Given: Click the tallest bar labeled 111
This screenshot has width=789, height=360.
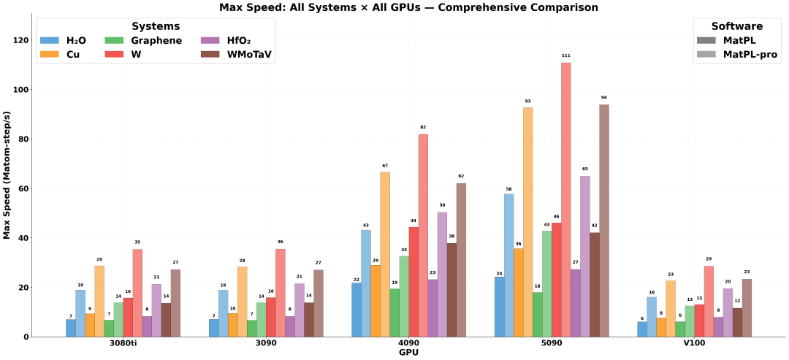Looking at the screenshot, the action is click(566, 199).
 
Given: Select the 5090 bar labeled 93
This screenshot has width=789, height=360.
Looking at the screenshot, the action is click(528, 222).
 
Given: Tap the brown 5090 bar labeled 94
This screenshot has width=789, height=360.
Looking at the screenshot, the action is click(604, 221).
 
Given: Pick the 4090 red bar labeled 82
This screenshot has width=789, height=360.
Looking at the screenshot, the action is click(423, 235).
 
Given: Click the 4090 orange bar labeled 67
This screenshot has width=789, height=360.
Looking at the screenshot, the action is click(385, 254).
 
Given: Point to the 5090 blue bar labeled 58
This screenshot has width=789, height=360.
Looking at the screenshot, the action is click(508, 266).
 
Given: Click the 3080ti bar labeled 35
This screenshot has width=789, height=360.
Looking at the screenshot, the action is click(137, 293).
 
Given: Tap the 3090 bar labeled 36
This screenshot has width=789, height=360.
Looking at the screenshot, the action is click(281, 293).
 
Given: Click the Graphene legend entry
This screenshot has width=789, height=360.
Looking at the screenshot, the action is click(143, 40).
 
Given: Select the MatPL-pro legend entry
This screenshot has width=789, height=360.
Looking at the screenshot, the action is click(736, 54).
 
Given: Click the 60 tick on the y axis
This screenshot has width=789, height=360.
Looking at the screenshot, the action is click(25, 188).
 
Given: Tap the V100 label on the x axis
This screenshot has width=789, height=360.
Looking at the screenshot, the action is click(694, 345).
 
